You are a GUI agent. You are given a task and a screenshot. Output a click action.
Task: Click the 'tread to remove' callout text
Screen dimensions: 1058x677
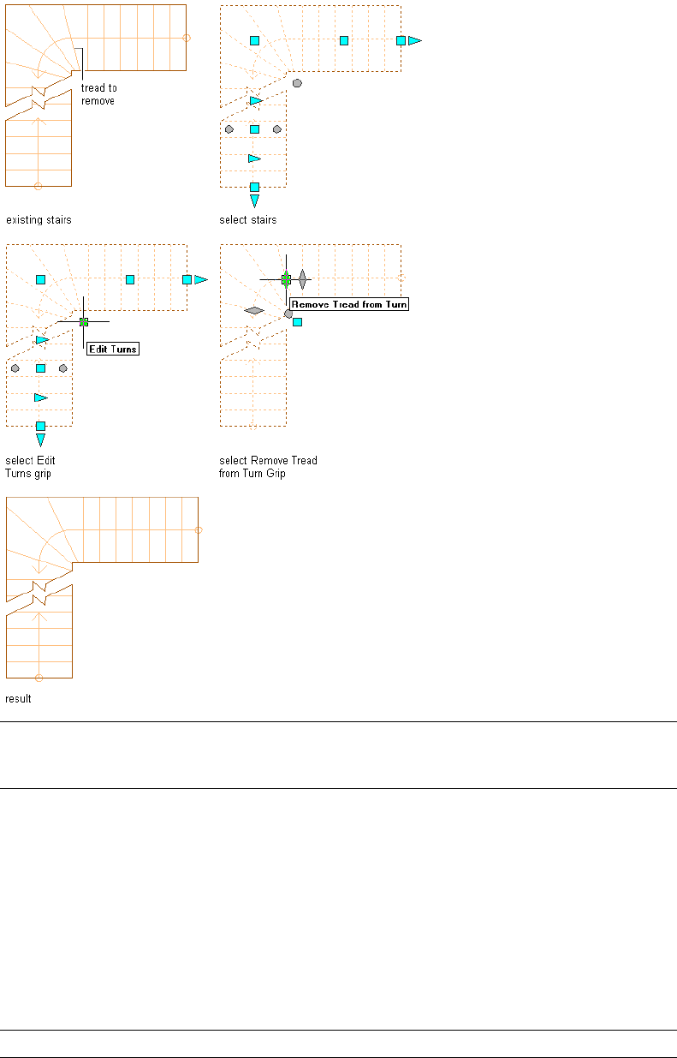click(98, 94)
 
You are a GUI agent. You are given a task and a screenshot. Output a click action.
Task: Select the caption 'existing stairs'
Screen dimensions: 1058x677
click(39, 220)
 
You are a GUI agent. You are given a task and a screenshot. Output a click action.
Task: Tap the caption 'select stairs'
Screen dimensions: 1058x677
click(248, 220)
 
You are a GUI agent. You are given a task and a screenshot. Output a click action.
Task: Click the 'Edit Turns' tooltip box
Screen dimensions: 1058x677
click(113, 349)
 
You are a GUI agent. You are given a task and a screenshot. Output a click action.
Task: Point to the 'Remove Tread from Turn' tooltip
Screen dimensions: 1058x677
click(349, 304)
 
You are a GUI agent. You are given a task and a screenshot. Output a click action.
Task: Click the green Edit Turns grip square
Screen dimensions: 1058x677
click(83, 321)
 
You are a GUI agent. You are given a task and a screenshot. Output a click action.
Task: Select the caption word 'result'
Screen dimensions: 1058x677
click(19, 699)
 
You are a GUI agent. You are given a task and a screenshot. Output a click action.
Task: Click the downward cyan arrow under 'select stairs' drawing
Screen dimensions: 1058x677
click(254, 201)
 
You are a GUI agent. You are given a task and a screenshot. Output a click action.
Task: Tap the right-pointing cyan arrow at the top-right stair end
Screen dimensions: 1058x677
click(414, 40)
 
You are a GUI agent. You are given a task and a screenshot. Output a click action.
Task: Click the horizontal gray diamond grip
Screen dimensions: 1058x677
click(253, 310)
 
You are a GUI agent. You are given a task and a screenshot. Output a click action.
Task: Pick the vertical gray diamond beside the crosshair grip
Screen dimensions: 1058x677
click(302, 278)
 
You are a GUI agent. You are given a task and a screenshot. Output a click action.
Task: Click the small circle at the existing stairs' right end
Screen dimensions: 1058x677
click(187, 38)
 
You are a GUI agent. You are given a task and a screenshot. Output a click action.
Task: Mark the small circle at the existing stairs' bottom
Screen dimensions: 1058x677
click(38, 185)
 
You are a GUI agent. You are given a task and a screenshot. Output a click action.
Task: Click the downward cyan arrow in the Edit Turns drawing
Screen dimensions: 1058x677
click(40, 440)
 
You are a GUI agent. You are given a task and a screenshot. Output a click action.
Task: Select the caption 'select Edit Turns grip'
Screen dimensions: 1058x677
click(29, 467)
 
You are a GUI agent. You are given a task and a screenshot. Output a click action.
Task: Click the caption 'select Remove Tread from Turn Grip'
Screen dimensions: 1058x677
click(268, 467)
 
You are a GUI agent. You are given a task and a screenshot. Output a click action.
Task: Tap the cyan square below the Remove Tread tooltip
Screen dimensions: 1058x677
click(297, 322)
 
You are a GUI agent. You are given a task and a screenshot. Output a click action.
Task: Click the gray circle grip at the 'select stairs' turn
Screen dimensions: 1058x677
click(297, 83)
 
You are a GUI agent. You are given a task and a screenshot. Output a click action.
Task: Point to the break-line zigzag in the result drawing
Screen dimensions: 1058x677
click(38, 589)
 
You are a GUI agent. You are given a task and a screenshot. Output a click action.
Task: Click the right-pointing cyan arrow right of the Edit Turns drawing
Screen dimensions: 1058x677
click(201, 279)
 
